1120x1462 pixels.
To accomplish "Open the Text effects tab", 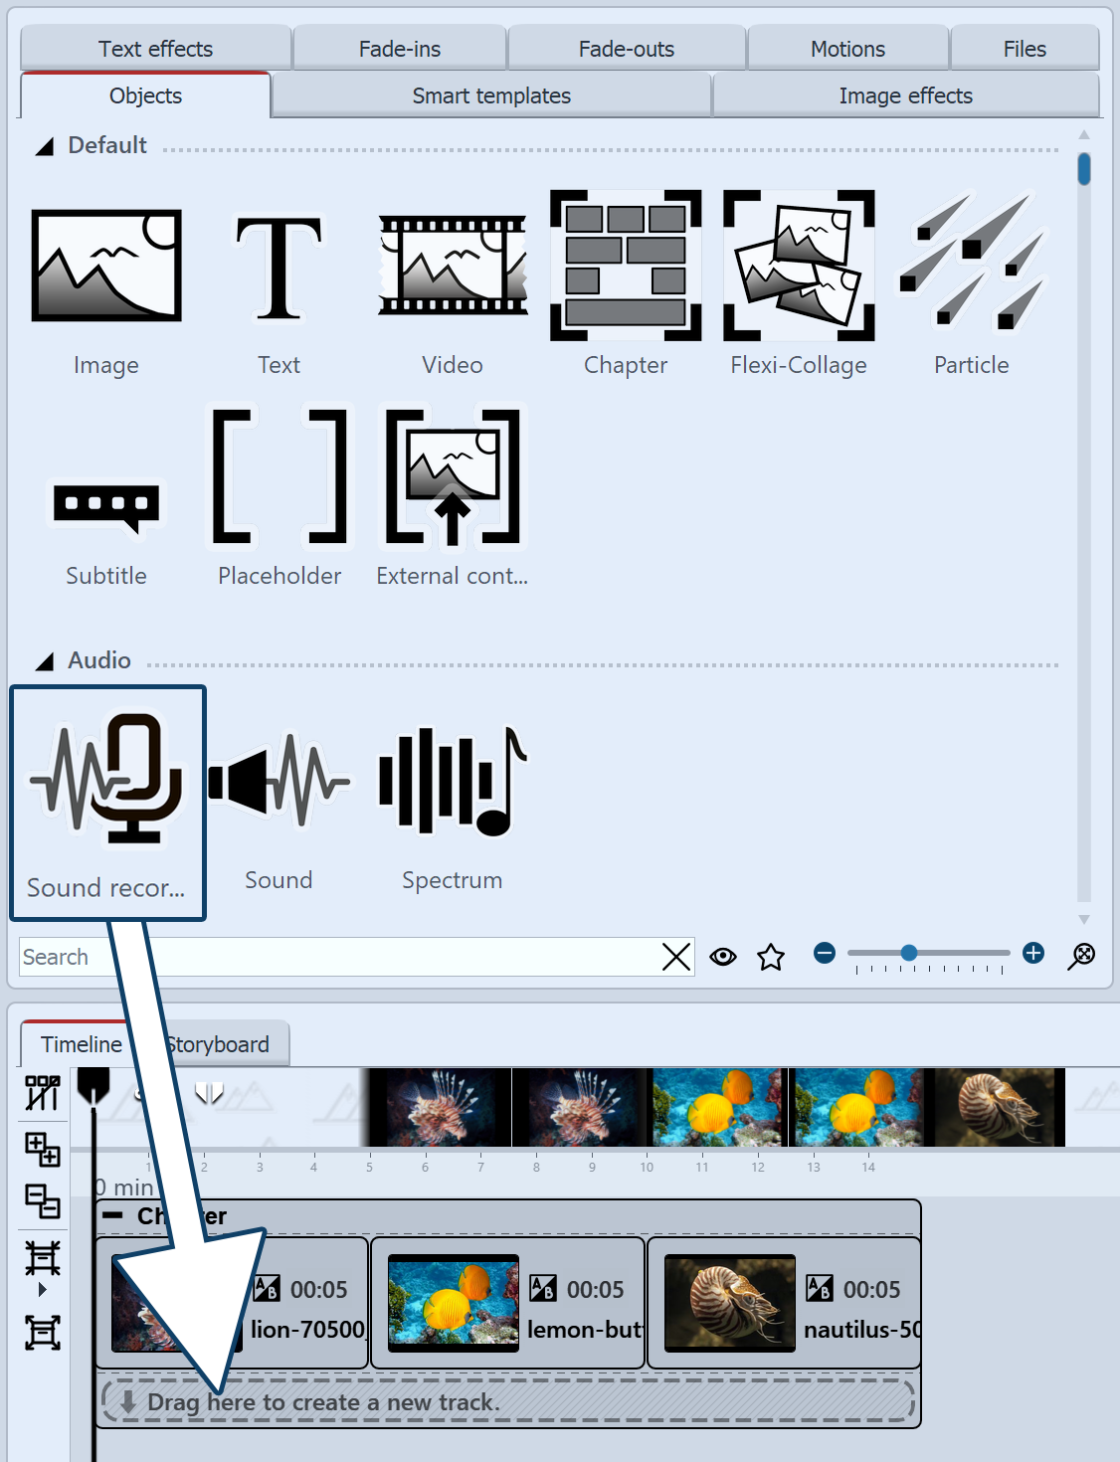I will tap(156, 49).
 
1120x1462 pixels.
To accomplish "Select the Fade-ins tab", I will tap(400, 49).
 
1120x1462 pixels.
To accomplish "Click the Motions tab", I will tap(847, 49).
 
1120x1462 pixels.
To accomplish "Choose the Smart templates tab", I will tap(491, 95).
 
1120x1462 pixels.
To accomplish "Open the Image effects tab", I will tap(905, 95).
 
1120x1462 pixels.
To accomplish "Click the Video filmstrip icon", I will tap(453, 266).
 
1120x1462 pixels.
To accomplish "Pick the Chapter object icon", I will tap(626, 266).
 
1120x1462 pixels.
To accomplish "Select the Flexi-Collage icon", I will tap(799, 266).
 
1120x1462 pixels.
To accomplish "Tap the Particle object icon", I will tap(972, 264).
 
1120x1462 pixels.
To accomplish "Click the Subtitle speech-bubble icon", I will tap(106, 507).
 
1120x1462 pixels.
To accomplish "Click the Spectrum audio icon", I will tap(453, 782).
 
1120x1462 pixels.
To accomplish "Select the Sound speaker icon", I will tap(279, 782).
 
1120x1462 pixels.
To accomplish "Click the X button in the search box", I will tap(676, 957).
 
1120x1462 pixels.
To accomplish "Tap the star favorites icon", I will tap(771, 957).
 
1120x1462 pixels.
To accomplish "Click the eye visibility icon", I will tap(723, 957).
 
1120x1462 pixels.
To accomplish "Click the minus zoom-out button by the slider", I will tap(825, 953).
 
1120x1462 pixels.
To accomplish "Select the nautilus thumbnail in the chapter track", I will tap(729, 1303).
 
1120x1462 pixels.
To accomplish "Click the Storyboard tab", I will tap(219, 1044).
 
